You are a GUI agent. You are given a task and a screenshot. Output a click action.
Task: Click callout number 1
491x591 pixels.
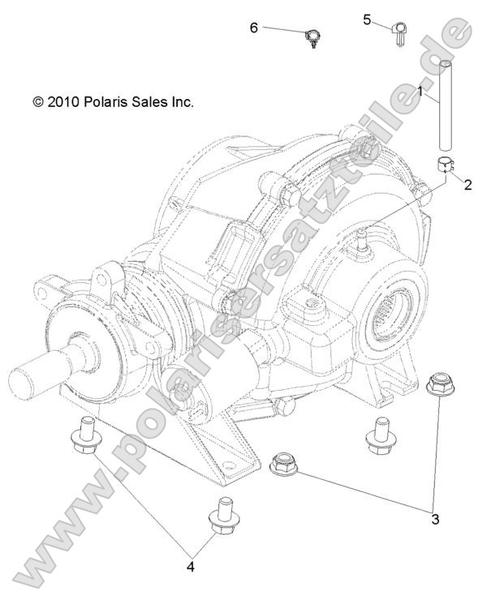point(420,91)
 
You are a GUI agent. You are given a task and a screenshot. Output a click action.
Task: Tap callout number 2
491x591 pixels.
point(467,185)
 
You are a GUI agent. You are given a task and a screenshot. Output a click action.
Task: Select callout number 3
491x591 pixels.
point(435,519)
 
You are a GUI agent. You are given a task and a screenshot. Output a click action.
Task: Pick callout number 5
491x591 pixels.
point(367,19)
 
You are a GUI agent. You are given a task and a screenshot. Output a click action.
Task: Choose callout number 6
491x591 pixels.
point(254,28)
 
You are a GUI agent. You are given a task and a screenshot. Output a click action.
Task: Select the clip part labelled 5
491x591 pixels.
point(400,34)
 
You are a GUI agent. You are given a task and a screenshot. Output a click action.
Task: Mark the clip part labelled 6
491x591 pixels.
point(312,37)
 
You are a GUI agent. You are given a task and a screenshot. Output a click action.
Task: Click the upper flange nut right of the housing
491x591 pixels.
point(440,383)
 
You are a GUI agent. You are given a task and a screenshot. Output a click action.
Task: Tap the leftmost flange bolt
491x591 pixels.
point(84,437)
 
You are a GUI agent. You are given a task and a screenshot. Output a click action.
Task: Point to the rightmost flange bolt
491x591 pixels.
point(377,435)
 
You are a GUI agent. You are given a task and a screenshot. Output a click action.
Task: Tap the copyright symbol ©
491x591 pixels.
point(37,103)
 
